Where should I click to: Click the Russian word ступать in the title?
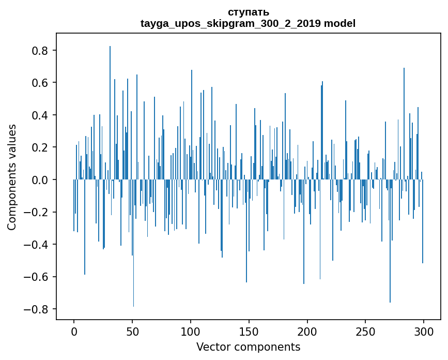(x=248, y=12)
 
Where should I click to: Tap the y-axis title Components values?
(x=12, y=177)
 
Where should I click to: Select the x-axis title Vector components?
(x=248, y=347)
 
